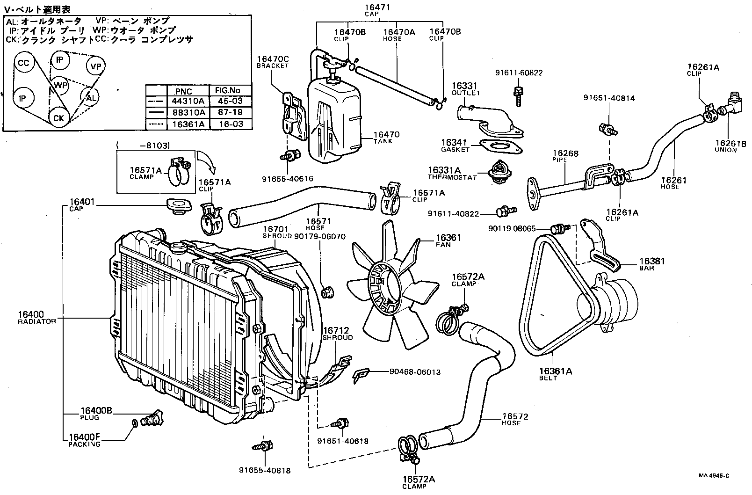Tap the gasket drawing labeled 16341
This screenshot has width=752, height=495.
(501, 146)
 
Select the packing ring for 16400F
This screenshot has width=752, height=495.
(135, 423)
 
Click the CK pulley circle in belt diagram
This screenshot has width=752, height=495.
(58, 118)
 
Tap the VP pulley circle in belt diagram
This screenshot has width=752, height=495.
(95, 67)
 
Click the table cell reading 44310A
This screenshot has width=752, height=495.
(189, 102)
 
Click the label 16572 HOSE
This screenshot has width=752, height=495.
(514, 419)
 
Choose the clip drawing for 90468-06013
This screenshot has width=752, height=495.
(361, 374)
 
